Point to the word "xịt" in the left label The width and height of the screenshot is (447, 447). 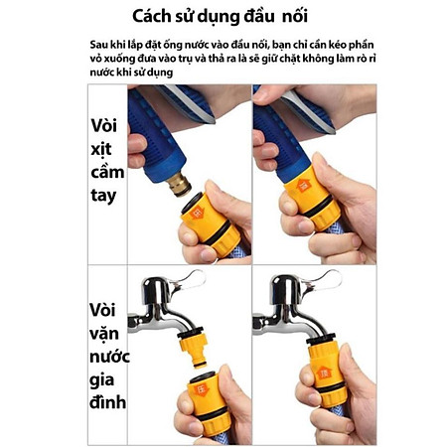103,149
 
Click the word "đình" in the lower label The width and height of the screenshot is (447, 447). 107,404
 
